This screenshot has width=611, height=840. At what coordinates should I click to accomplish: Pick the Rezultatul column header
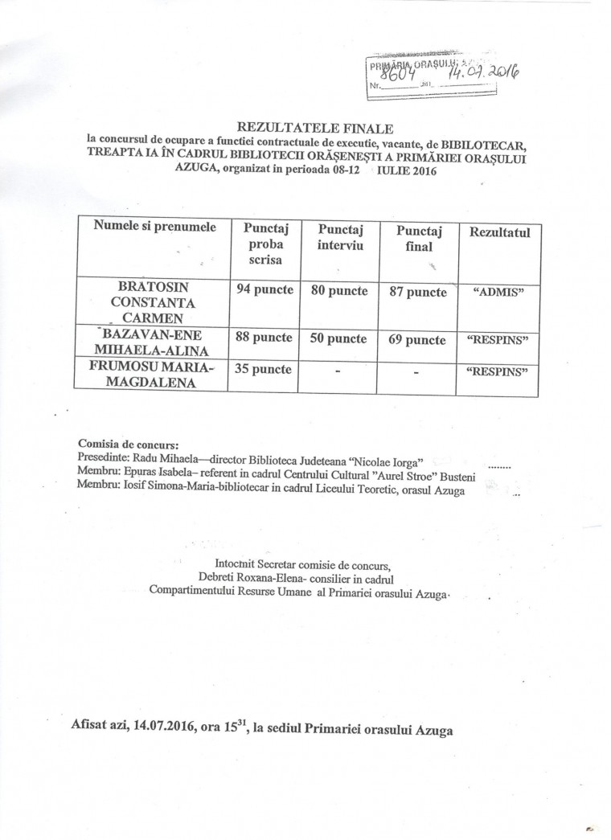tap(500, 232)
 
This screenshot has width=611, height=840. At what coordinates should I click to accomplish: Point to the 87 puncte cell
tap(416, 292)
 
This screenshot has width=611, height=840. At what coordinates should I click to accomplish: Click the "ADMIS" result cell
tap(499, 293)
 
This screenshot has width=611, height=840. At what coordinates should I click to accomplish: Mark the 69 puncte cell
tap(416, 340)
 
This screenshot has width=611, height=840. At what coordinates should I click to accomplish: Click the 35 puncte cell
tap(262, 371)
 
